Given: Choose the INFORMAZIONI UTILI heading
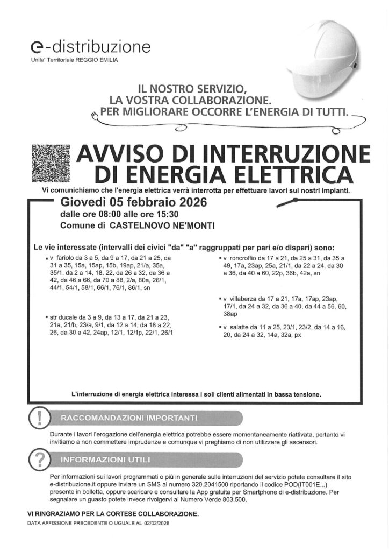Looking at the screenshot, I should click(x=105, y=460).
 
